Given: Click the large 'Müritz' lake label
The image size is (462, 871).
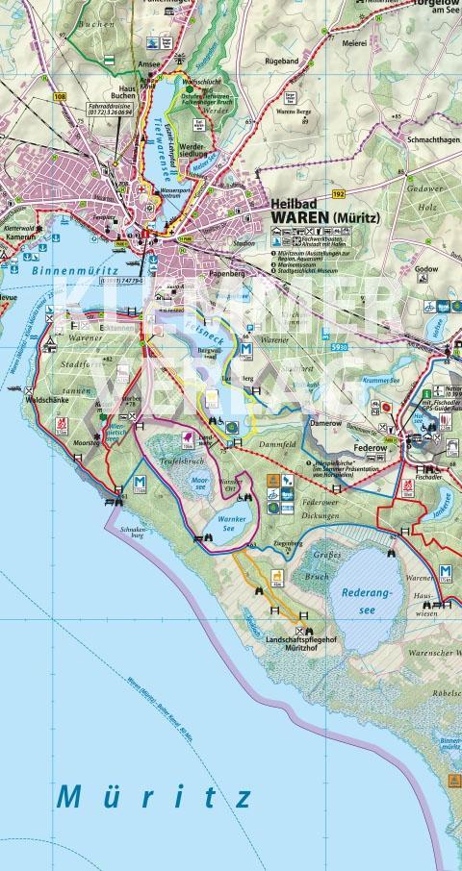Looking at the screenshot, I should point(155,797).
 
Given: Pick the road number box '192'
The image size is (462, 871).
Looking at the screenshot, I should point(338,193).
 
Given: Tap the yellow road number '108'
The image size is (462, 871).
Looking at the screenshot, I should point(61,97).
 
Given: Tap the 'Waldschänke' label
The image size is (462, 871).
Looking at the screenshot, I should point(45,398).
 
